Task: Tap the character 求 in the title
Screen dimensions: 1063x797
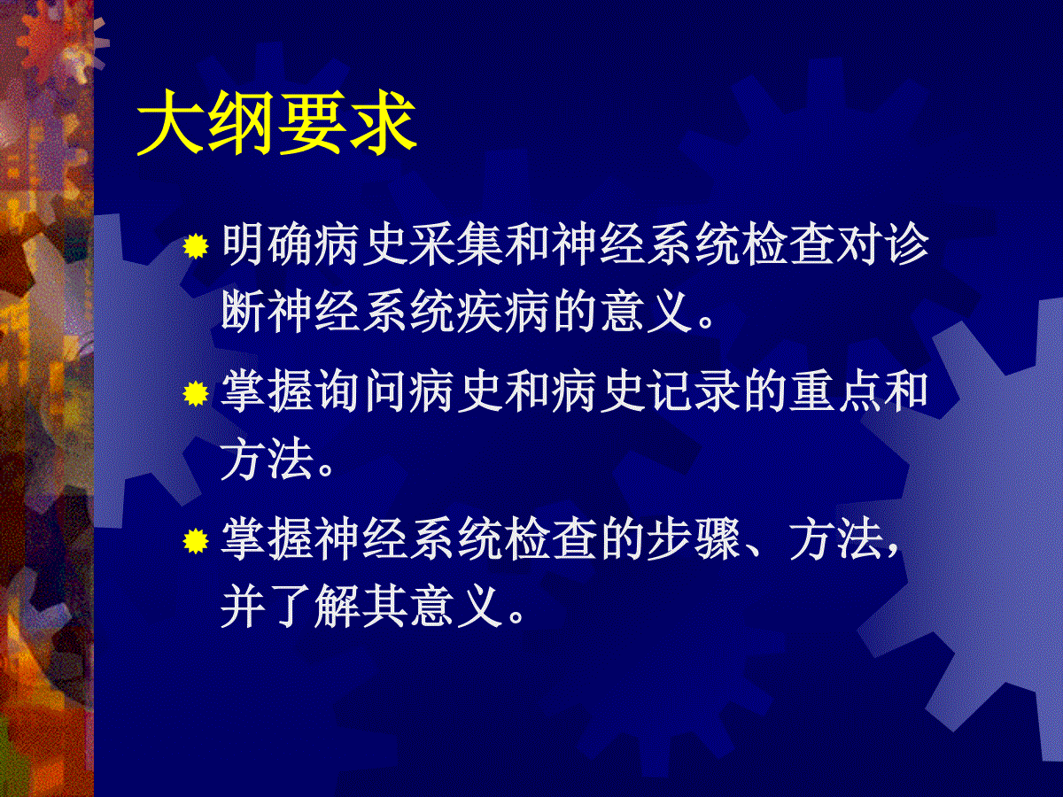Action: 383,123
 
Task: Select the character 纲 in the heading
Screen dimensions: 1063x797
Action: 242,123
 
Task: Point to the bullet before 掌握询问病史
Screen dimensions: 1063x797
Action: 196,393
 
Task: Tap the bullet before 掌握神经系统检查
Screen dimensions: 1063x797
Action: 196,540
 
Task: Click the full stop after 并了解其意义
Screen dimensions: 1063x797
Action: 516,617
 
